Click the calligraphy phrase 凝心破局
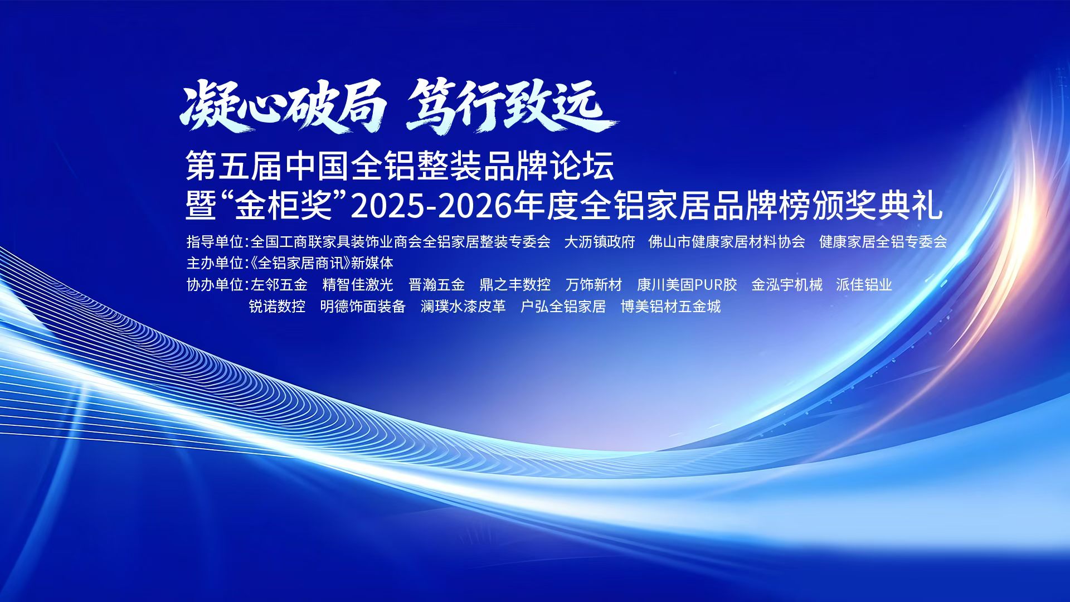pos(283,106)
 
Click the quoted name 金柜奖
pos(284,206)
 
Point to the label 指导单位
pos(215,241)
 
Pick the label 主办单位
pos(215,263)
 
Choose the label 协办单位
pos(215,284)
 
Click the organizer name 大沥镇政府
pos(600,241)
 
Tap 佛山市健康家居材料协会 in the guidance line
pos(727,241)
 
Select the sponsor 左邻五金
pos(279,284)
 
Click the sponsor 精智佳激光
pos(358,284)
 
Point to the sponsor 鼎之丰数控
pos(515,284)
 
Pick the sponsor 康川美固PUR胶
pos(687,284)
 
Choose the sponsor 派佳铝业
pos(864,284)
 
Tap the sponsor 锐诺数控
pos(277,306)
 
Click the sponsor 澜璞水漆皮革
pos(463,306)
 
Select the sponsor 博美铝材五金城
pos(670,306)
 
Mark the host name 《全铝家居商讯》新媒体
pos(322,263)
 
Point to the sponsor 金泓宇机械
pos(786,284)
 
